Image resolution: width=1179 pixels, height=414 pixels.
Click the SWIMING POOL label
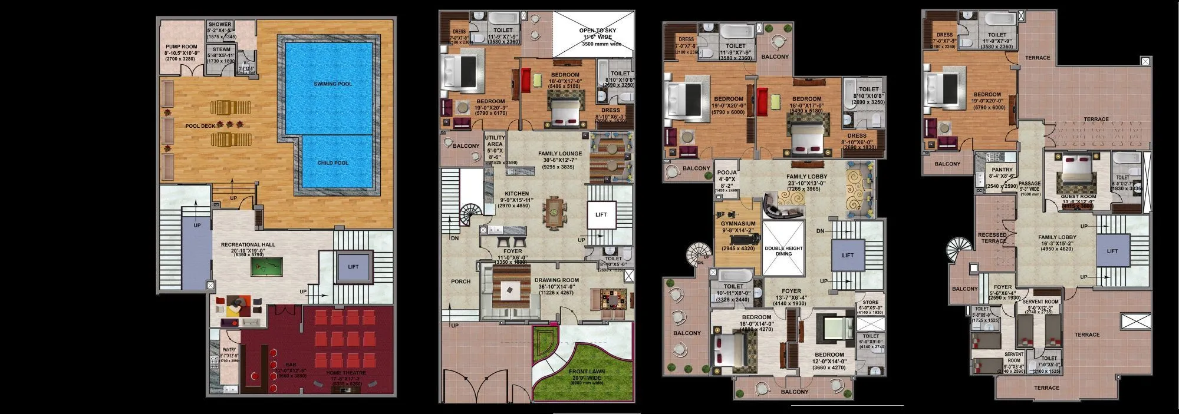pyautogui.click(x=333, y=84)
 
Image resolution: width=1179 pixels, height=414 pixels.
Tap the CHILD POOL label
pyautogui.click(x=333, y=163)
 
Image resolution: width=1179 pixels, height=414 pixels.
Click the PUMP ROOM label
pyautogui.click(x=181, y=47)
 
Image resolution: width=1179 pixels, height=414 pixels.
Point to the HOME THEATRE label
pyautogui.click(x=346, y=373)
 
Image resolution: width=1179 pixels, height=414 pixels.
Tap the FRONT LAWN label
pyautogui.click(x=586, y=372)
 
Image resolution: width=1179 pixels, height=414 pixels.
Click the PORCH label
pyautogui.click(x=460, y=281)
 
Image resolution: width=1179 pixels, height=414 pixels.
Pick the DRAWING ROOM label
pyautogui.click(x=556, y=280)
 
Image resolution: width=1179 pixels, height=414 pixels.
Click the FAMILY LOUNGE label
pyautogui.click(x=559, y=154)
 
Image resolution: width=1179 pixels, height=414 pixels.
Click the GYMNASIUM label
pyautogui.click(x=738, y=224)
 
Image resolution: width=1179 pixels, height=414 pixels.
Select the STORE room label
pyautogui.click(x=870, y=302)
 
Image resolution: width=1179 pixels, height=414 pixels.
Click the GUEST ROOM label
pyautogui.click(x=1078, y=197)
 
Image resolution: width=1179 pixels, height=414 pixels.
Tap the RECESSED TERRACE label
pyautogui.click(x=992, y=238)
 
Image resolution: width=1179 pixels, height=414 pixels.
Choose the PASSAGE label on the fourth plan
pyautogui.click(x=1030, y=184)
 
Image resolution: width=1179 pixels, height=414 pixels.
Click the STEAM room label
pyautogui.click(x=222, y=50)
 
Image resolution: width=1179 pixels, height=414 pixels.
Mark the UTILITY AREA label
pyautogui.click(x=495, y=141)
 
